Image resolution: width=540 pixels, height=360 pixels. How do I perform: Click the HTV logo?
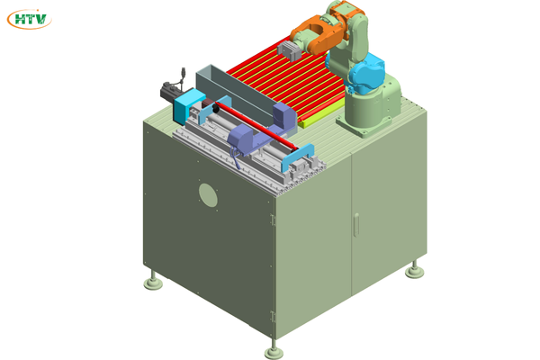tap(30, 19)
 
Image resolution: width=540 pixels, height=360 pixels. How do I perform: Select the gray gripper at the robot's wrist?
tap(289, 51)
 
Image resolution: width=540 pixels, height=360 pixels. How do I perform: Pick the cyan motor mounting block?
tap(188, 105)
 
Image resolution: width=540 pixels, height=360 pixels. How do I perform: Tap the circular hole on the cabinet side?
tap(208, 195)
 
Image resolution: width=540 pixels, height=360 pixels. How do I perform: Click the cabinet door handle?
tap(356, 225)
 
